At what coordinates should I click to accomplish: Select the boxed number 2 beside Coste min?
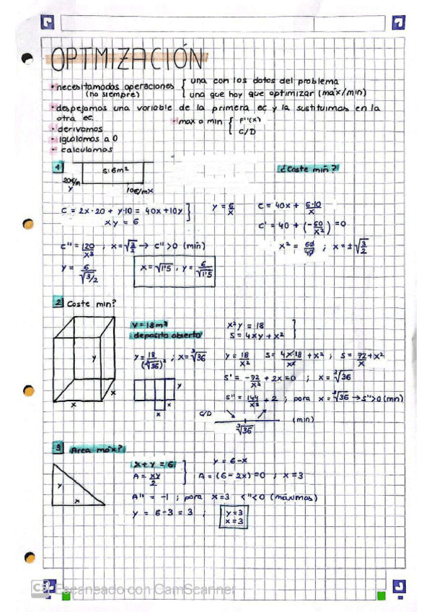[57, 303]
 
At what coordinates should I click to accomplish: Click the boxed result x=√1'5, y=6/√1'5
[173, 271]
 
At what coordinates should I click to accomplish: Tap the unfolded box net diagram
[156, 393]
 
